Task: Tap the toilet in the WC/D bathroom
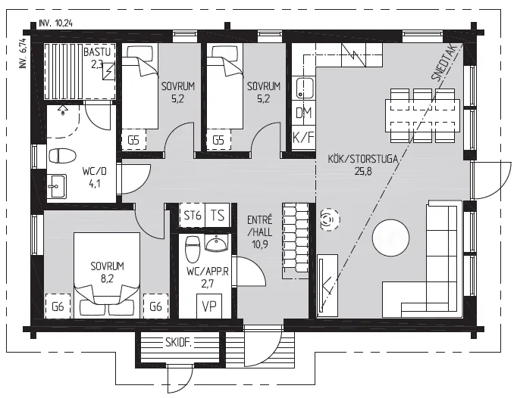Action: coord(62,155)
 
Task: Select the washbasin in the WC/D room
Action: coord(57,186)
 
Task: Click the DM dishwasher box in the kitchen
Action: coord(303,113)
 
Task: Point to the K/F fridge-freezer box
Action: coord(303,137)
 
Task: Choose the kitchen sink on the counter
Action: coord(304,89)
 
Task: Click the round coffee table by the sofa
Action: coord(390,238)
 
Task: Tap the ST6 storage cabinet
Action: coord(193,216)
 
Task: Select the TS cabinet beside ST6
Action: coord(218,216)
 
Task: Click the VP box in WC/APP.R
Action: coord(209,306)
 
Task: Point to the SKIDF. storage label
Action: coord(178,343)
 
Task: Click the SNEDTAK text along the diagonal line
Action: coord(443,63)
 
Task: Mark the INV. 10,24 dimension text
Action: coord(56,23)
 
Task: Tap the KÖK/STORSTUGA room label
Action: coord(362,159)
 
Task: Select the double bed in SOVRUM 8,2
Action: coord(107,275)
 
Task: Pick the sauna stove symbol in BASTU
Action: coord(109,71)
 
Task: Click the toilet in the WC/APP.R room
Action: coord(193,248)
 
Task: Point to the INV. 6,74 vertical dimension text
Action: coord(23,52)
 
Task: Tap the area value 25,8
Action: coord(363,171)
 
